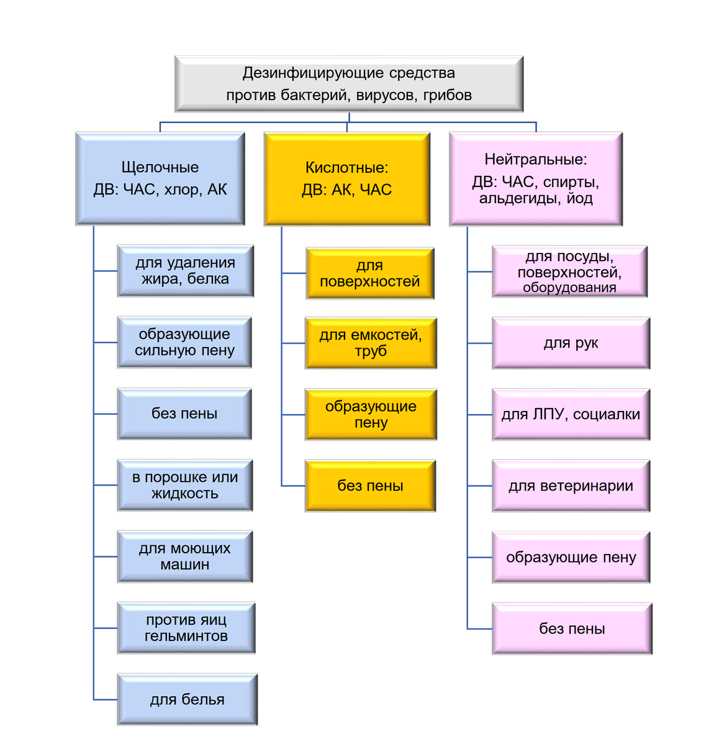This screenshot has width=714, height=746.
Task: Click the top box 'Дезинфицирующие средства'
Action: coord(349,83)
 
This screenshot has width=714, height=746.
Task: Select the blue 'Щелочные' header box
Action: coord(160,178)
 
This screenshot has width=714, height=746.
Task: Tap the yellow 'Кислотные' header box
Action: coord(347,178)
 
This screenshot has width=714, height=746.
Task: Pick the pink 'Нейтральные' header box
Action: coord(535,178)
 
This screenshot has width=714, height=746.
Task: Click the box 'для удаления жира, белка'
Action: coord(185,271)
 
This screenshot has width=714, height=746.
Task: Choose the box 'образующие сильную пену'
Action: coord(184,343)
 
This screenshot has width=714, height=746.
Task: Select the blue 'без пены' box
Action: coord(184,414)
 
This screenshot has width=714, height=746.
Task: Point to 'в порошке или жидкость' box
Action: coord(185,486)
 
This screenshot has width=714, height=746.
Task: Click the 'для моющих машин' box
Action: coord(185,556)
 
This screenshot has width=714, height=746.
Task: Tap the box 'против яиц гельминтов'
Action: coord(186,628)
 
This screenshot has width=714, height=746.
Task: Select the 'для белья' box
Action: coord(187,699)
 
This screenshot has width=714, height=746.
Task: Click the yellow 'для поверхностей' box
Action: coord(370,274)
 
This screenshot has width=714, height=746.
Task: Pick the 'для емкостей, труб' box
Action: coord(371,343)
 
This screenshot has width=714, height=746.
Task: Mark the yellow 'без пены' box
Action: coord(370,486)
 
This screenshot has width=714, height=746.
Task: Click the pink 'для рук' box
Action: coord(571,343)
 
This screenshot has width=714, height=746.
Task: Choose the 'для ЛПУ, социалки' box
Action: coord(571,415)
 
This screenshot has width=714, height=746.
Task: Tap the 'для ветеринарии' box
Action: coord(571,486)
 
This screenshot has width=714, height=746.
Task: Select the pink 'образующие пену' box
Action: coord(571,558)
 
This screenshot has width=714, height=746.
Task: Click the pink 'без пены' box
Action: coord(572,629)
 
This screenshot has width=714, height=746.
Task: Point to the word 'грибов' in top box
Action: coord(447,95)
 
